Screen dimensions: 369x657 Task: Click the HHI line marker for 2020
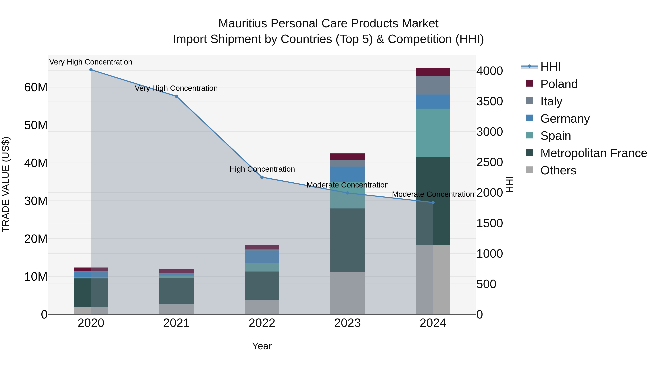click(91, 70)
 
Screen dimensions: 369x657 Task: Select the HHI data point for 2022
click(262, 177)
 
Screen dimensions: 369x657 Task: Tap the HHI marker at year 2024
click(433, 202)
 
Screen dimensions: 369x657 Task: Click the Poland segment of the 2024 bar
click(433, 72)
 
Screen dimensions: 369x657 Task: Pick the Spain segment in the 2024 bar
click(433, 132)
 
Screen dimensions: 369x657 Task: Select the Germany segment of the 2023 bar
click(347, 174)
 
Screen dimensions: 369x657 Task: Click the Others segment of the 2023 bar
click(347, 293)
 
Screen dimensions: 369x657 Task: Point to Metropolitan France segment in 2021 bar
click(176, 291)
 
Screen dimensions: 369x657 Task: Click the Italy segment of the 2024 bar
click(433, 85)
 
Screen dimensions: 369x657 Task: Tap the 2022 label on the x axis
click(262, 323)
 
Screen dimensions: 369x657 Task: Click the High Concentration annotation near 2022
click(262, 169)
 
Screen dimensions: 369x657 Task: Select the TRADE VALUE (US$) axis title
click(6, 184)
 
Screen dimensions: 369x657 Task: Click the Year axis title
click(262, 346)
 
